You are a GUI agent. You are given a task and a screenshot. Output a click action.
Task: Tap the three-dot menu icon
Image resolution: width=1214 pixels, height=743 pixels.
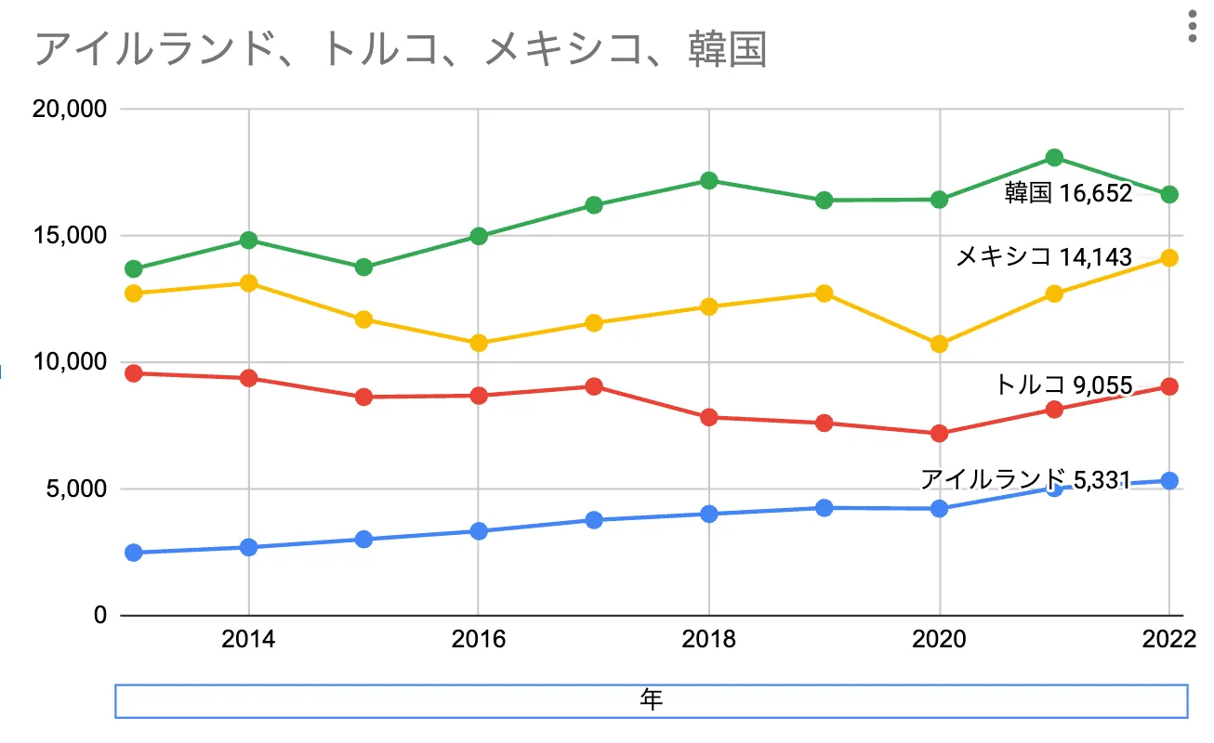point(1193,28)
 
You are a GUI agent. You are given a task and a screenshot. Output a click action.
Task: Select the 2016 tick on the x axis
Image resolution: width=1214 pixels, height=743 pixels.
point(478,639)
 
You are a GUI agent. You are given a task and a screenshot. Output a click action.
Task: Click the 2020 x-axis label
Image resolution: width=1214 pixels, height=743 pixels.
point(940,639)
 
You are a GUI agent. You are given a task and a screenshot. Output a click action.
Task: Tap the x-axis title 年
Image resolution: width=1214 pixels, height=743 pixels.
point(651,700)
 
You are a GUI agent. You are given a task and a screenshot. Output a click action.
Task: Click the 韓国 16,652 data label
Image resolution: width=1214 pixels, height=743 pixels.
point(1068,193)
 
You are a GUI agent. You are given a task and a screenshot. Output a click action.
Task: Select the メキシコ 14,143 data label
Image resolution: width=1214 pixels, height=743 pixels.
point(1044,256)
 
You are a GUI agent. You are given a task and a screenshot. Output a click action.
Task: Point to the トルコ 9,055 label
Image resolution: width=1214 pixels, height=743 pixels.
point(1062,385)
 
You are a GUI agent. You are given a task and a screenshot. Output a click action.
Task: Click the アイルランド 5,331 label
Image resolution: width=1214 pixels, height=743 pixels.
point(1024,479)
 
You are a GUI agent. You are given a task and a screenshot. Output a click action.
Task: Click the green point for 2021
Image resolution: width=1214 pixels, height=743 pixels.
point(1054,158)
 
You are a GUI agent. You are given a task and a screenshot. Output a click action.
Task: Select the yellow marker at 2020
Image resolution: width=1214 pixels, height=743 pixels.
point(939,344)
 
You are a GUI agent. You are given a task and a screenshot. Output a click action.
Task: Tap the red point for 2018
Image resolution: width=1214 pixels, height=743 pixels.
point(708,417)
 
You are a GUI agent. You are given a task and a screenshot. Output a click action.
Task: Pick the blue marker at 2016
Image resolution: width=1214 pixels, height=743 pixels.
point(478,531)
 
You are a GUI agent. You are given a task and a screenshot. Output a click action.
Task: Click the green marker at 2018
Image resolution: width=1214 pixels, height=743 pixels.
point(708,180)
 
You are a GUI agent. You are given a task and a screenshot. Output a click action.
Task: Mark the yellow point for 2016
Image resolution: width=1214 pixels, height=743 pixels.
point(478,343)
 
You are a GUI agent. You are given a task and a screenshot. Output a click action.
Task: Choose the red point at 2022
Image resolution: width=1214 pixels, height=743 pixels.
point(1169,386)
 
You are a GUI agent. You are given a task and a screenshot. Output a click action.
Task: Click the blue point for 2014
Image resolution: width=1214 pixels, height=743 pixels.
point(248,547)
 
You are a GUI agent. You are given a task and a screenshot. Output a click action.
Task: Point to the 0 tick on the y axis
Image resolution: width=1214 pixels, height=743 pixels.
point(99,616)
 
